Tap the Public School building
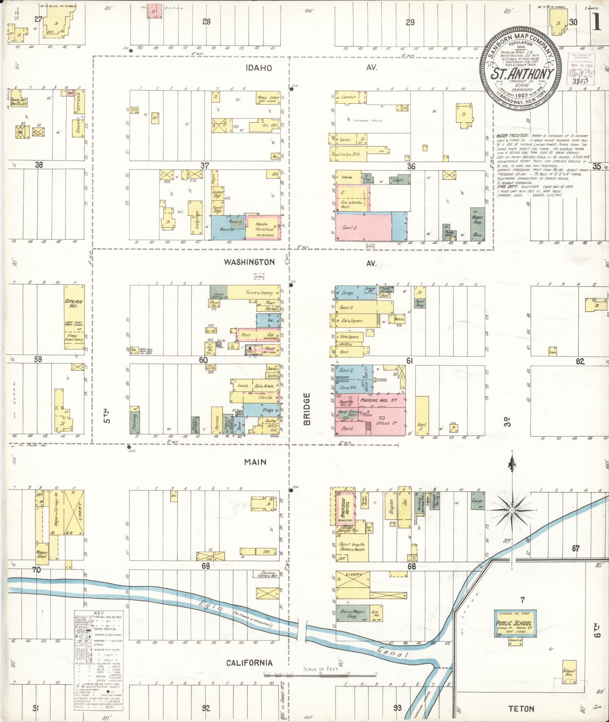(514, 623)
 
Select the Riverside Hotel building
(344, 505)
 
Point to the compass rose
(512, 510)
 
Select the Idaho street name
(259, 68)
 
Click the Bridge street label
(307, 409)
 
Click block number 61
(409, 361)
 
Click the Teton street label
(521, 708)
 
